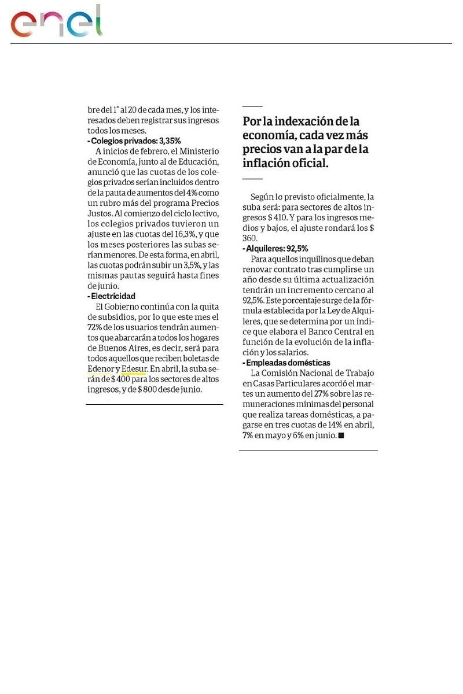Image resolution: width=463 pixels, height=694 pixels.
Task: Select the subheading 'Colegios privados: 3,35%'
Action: pyautogui.click(x=134, y=141)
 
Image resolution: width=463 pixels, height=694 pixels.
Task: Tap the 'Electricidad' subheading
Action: pyautogui.click(x=112, y=296)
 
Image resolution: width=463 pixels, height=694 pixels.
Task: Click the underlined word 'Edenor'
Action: pyautogui.click(x=100, y=368)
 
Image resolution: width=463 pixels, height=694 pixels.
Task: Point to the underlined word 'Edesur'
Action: pyautogui.click(x=134, y=368)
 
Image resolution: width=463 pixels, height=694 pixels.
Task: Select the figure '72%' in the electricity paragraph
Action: pyautogui.click(x=95, y=327)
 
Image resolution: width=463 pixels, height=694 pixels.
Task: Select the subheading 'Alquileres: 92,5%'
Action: pyautogui.click(x=275, y=249)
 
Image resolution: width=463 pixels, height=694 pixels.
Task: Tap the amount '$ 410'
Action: pyautogui.click(x=274, y=217)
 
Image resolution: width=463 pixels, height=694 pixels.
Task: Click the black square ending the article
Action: pyautogui.click(x=341, y=435)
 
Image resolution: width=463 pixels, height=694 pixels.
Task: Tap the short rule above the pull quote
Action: pyautogui.click(x=252, y=106)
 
